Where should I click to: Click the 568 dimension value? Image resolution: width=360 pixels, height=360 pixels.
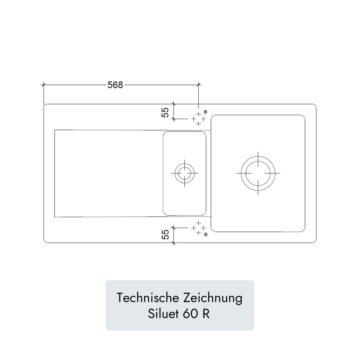115,85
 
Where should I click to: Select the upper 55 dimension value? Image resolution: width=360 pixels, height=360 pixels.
165,112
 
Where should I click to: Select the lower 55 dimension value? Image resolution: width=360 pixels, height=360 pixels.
165,234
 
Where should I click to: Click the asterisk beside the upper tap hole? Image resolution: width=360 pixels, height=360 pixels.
206,112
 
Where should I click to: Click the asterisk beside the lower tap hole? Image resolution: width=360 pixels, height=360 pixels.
206,235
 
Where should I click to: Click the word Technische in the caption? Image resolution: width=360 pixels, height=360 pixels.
148,298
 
